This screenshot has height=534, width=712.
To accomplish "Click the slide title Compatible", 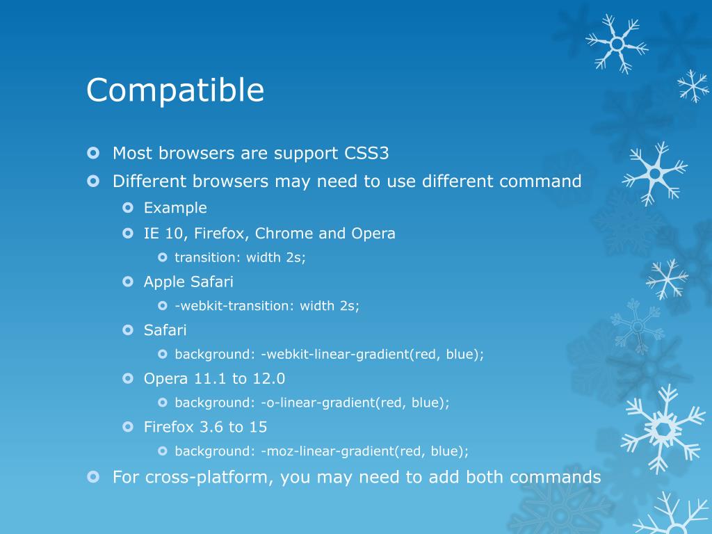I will point(175,90).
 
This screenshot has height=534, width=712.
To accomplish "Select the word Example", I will point(175,208).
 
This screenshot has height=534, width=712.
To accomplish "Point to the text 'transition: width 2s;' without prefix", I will point(240,257).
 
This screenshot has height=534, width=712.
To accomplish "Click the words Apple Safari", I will point(188,282).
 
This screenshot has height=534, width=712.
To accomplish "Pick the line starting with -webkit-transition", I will point(267,306).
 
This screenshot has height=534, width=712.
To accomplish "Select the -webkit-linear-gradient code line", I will point(329,354).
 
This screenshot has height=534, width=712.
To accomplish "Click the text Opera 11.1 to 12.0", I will point(214,379).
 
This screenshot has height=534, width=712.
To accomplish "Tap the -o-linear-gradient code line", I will point(312,403).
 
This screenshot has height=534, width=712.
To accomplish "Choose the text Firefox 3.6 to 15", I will point(205,427).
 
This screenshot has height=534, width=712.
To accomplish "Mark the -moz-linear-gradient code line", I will point(321,451).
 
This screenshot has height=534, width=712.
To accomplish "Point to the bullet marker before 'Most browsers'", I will point(94,152).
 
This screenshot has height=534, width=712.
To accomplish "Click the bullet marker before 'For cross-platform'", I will point(94,476).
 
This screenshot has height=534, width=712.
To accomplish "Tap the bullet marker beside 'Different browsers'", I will point(94,181).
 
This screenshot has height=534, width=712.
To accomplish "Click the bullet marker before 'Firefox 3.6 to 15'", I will point(127,426).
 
